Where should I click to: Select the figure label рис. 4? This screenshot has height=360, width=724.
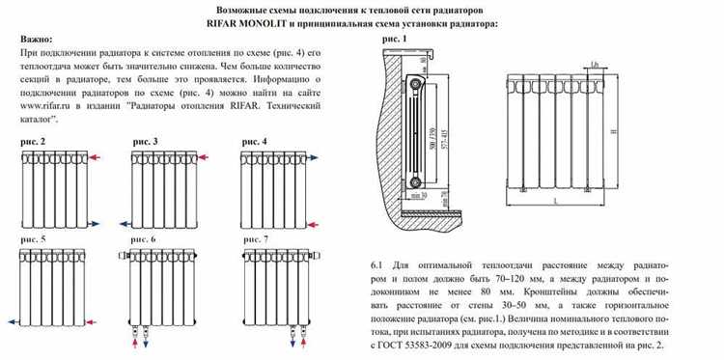click(x=255, y=142)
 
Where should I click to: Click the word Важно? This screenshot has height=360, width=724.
click(x=37, y=39)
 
